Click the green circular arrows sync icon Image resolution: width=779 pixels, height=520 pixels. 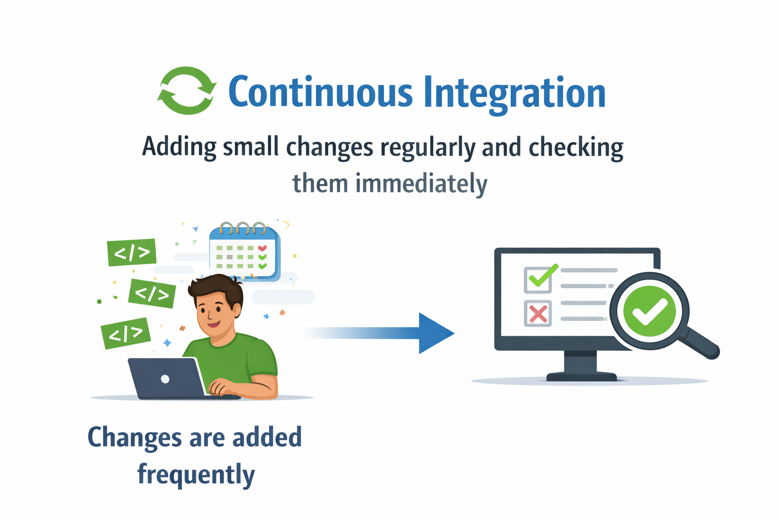pos(187,90)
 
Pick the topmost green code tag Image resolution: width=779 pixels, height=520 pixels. pos(132,252)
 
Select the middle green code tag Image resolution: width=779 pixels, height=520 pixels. pos(152,293)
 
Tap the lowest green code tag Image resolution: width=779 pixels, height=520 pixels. pos(126,333)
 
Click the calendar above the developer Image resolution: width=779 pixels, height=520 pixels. pos(244,252)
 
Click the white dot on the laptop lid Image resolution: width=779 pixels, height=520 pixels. pos(165,379)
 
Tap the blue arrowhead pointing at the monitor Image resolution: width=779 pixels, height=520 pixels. pos(435,333)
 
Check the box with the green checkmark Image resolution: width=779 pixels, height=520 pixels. pos(538,279)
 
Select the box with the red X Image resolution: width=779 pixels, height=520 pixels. pos(538,313)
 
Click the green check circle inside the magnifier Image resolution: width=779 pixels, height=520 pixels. pos(649,311)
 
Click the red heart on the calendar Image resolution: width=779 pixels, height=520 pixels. pos(262,248)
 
